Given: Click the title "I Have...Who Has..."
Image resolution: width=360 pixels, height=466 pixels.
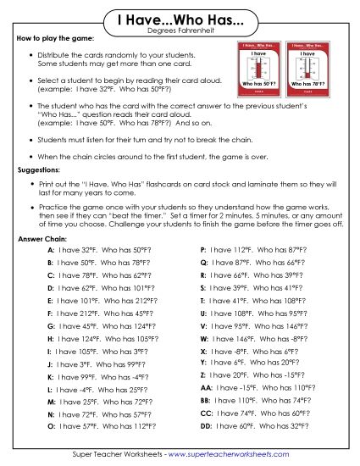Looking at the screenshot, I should click(179, 19).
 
